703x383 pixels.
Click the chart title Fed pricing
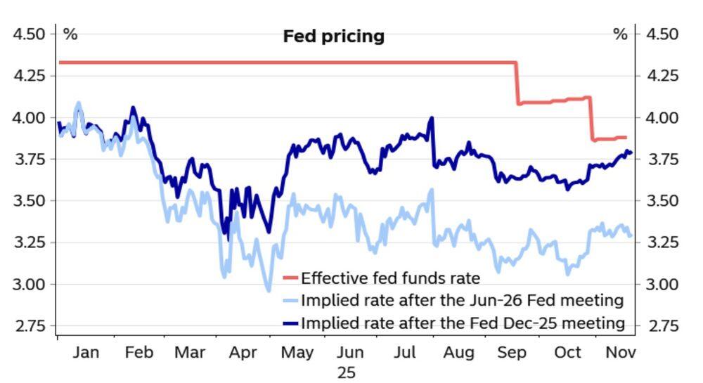point(333,36)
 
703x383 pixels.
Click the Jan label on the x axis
point(86,352)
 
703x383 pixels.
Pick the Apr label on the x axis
point(243,352)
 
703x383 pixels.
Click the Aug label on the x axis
point(458,352)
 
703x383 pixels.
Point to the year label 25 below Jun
point(347,372)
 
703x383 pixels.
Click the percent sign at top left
point(70,34)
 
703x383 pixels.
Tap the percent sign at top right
point(619,34)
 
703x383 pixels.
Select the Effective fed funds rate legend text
point(390,278)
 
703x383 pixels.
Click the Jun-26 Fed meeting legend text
point(462,301)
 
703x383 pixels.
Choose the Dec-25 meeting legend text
point(463,323)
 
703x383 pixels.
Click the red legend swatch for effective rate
point(290,278)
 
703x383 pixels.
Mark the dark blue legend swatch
point(290,323)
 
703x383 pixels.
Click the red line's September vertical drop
point(517,84)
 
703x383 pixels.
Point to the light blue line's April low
point(268,289)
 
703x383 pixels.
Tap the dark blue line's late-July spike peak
point(431,119)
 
